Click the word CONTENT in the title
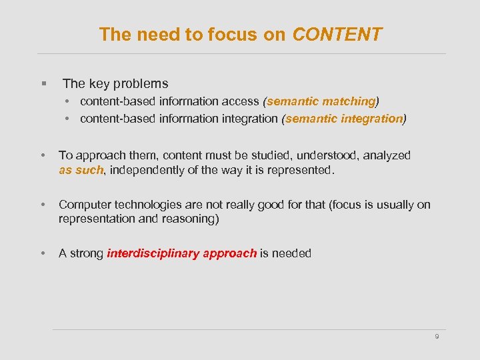click(337, 35)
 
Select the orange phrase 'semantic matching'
click(321, 101)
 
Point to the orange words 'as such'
click(81, 170)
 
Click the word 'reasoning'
click(185, 219)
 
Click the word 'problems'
click(141, 84)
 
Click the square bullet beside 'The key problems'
click(43, 84)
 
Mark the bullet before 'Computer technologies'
click(43, 205)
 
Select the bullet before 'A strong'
click(43, 253)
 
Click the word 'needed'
click(291, 253)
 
